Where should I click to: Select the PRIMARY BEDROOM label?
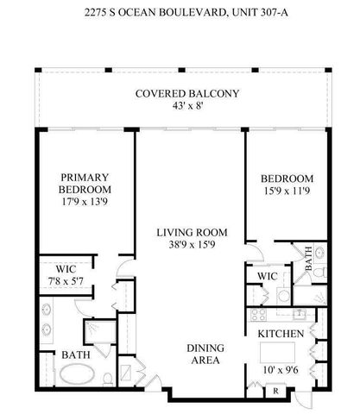[85, 183]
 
